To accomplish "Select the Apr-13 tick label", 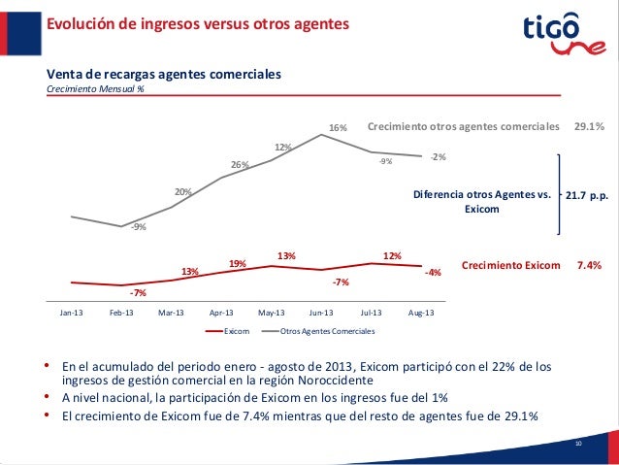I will [x=221, y=313].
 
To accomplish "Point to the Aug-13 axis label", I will [x=421, y=313].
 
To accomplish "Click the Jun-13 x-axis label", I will [x=321, y=313].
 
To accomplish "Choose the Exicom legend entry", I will [x=228, y=332].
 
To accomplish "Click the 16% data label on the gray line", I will [x=338, y=128].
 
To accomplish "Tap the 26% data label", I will [x=239, y=164].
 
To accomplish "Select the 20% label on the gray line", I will [x=182, y=191].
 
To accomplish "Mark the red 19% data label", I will [x=237, y=263].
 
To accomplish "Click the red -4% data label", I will [x=433, y=273].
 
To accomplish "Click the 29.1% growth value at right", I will [x=590, y=126].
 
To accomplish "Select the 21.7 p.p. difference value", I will [x=586, y=195].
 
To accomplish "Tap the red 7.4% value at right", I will [x=590, y=264].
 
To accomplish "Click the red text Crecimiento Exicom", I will [x=511, y=264].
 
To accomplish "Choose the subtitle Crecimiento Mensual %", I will [x=96, y=89].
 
